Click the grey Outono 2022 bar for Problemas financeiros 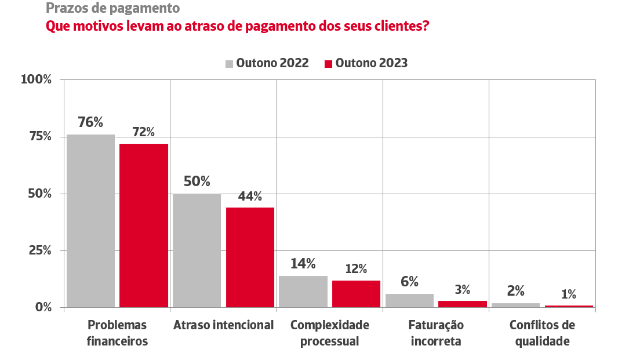pyautogui.click(x=90, y=221)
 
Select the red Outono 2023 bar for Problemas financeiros pyautogui.click(x=144, y=226)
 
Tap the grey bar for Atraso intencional pyautogui.click(x=197, y=250)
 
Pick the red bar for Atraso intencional pyautogui.click(x=250, y=257)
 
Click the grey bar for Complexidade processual pyautogui.click(x=303, y=292)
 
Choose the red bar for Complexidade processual pyautogui.click(x=356, y=294)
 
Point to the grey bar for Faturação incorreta pyautogui.click(x=409, y=300)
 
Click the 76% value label pyautogui.click(x=90, y=122)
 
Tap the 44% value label pyautogui.click(x=250, y=196)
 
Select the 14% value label pyautogui.click(x=303, y=264)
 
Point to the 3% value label pyautogui.click(x=462, y=289)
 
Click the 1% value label pyautogui.click(x=569, y=294)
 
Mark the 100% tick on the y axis pyautogui.click(x=37, y=79)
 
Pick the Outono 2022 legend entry pyautogui.click(x=267, y=63)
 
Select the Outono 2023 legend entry pyautogui.click(x=366, y=63)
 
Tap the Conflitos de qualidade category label pyautogui.click(x=542, y=333)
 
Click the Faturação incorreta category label pyautogui.click(x=436, y=333)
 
